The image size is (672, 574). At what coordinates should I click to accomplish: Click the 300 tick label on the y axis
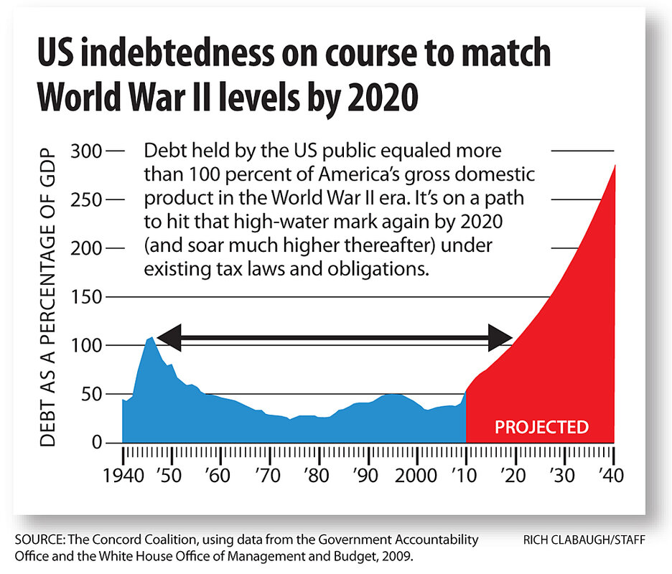pos(88,151)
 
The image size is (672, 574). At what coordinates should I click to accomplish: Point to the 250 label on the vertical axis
pos(88,200)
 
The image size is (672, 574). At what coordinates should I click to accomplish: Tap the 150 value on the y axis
pos(88,297)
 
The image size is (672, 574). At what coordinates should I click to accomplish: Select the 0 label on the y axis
pos(98,443)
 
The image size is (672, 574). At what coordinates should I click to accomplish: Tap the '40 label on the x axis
pos(612,476)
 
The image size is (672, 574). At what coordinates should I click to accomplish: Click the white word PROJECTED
pos(542,428)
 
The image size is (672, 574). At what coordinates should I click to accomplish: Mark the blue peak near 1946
pos(151,337)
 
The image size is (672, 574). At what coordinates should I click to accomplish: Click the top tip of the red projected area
pos(615,166)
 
